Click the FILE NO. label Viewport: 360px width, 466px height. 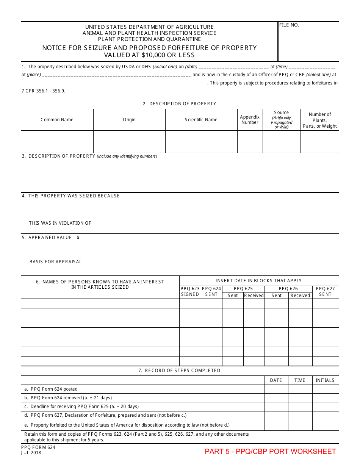tap(289, 25)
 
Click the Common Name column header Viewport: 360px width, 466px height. tap(57, 120)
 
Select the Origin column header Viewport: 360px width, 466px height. tap(129, 120)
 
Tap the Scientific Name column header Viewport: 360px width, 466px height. tap(201, 120)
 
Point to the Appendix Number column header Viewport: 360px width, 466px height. tap(250, 120)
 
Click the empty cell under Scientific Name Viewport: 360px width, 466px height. tap(201, 142)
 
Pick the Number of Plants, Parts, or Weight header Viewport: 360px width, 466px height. tap(319, 120)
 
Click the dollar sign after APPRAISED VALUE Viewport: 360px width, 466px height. tap(78, 238)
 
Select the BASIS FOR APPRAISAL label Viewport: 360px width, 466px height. tap(56, 262)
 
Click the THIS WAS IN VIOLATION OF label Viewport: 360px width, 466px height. tap(60, 223)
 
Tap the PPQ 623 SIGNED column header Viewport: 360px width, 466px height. tap(190, 292)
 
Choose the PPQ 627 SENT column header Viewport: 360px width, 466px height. tap(325, 292)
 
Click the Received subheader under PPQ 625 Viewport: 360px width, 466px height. tap(254, 296)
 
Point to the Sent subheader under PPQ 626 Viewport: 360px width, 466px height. tap(277, 296)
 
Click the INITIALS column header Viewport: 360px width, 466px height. tap(325, 380)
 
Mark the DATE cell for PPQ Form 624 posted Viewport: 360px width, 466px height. tap(276, 389)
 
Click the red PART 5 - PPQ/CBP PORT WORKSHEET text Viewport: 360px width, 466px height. tap(270, 451)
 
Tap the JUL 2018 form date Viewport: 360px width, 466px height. tap(31, 453)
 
